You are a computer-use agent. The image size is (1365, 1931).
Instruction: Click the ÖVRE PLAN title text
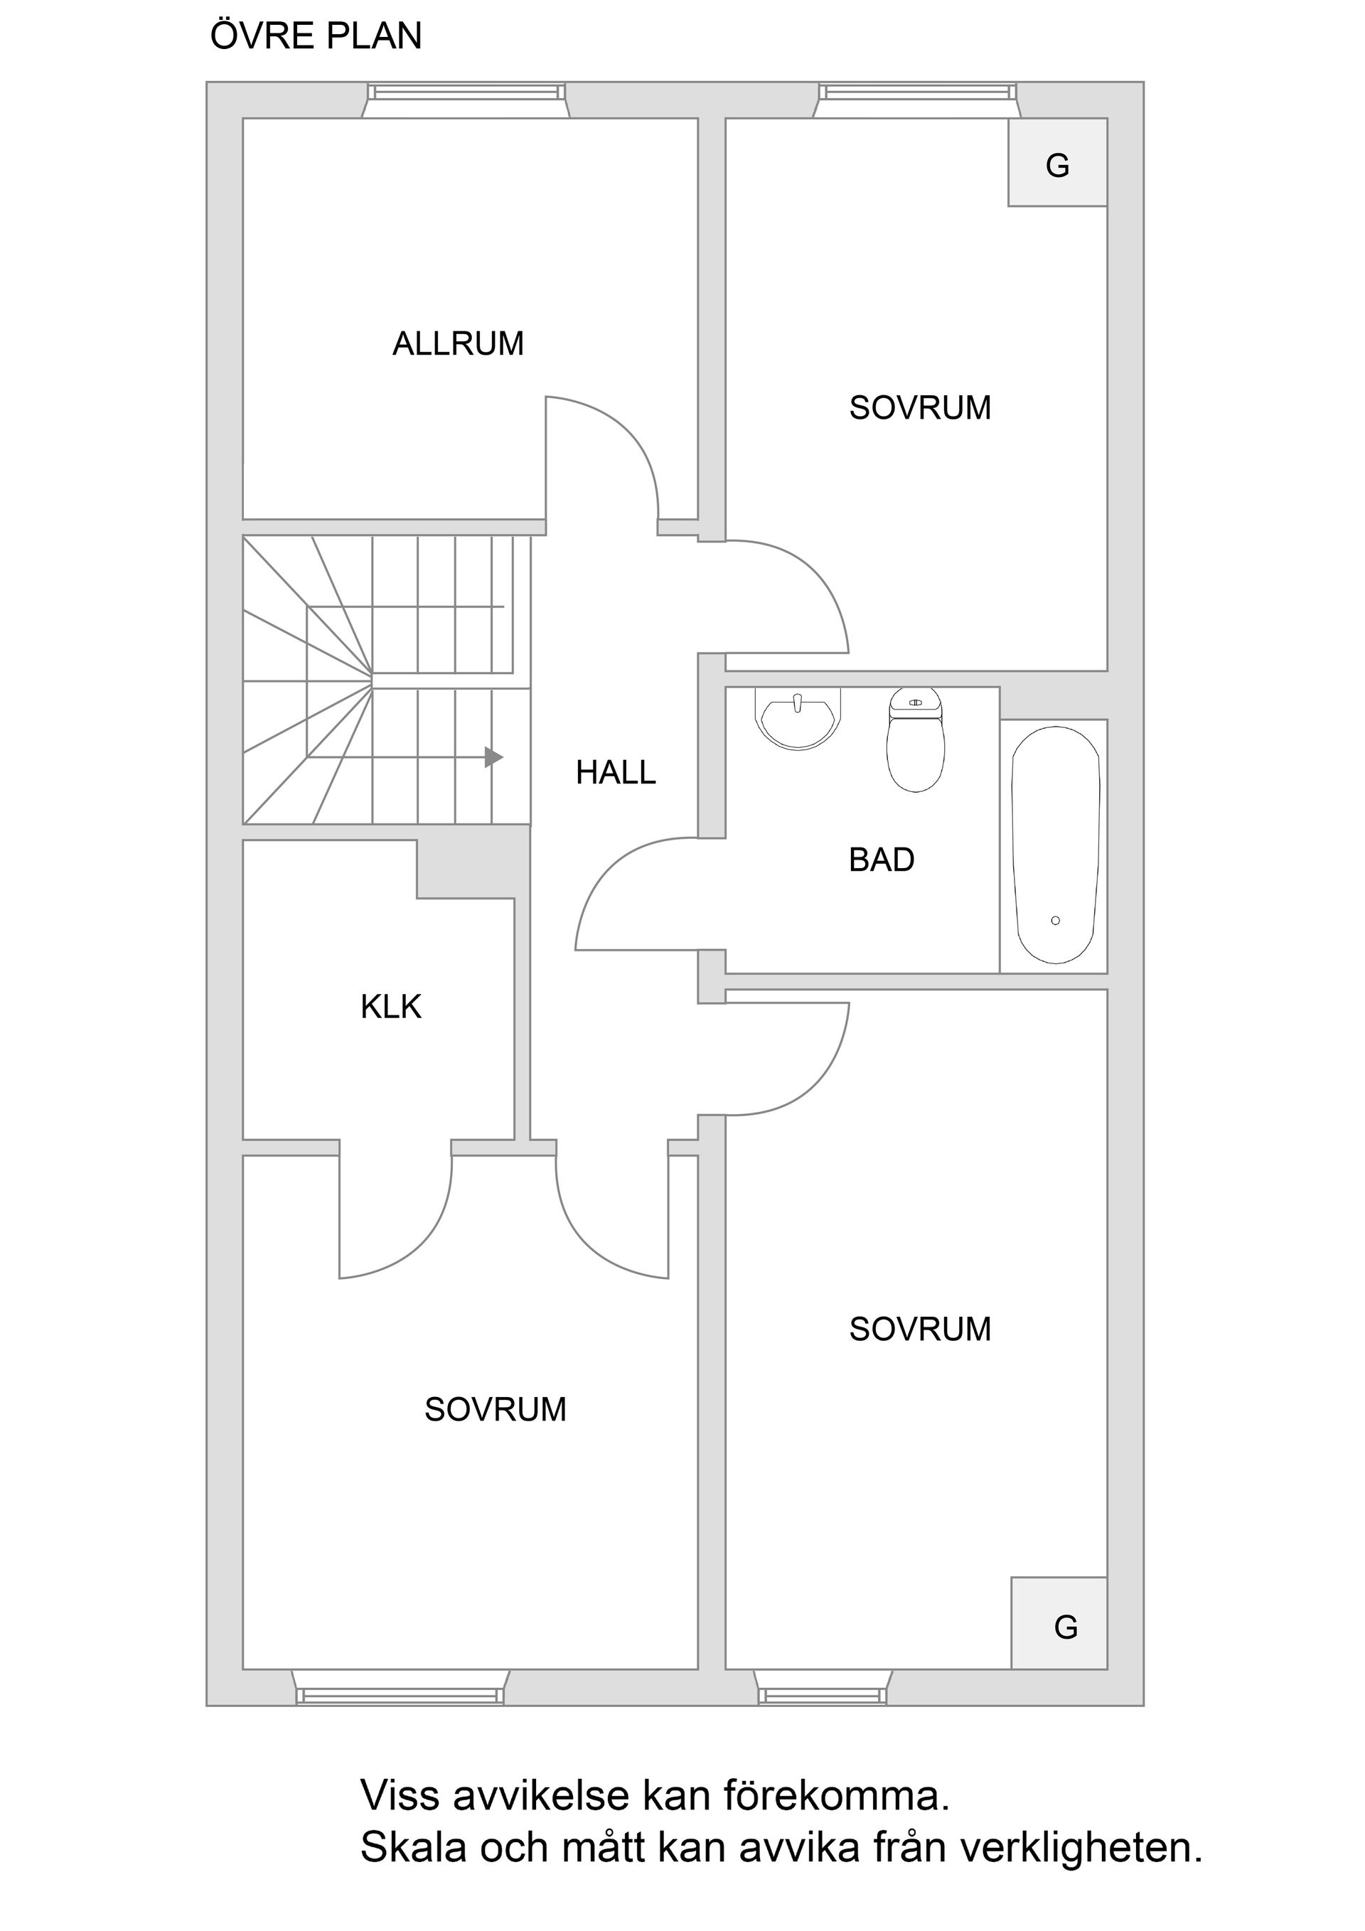pyautogui.click(x=316, y=37)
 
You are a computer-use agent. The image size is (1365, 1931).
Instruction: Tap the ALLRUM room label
pyautogui.click(x=458, y=344)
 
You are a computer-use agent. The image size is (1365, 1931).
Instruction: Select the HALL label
pyautogui.click(x=615, y=773)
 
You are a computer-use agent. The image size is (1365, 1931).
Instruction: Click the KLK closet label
pyautogui.click(x=390, y=1007)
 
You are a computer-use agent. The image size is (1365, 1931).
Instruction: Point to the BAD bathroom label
pyautogui.click(x=881, y=860)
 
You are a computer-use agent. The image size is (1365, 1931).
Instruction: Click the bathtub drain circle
pyautogui.click(x=1054, y=921)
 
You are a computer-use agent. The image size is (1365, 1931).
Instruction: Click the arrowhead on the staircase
pyautogui.click(x=495, y=758)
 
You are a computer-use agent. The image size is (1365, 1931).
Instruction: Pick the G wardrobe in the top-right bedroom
pyautogui.click(x=1057, y=163)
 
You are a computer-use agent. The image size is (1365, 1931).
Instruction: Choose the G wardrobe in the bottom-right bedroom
pyautogui.click(x=1059, y=1626)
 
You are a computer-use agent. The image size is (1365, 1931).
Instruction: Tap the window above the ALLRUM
pyautogui.click(x=465, y=92)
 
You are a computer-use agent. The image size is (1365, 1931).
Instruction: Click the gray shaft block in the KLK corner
pyautogui.click(x=473, y=868)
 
